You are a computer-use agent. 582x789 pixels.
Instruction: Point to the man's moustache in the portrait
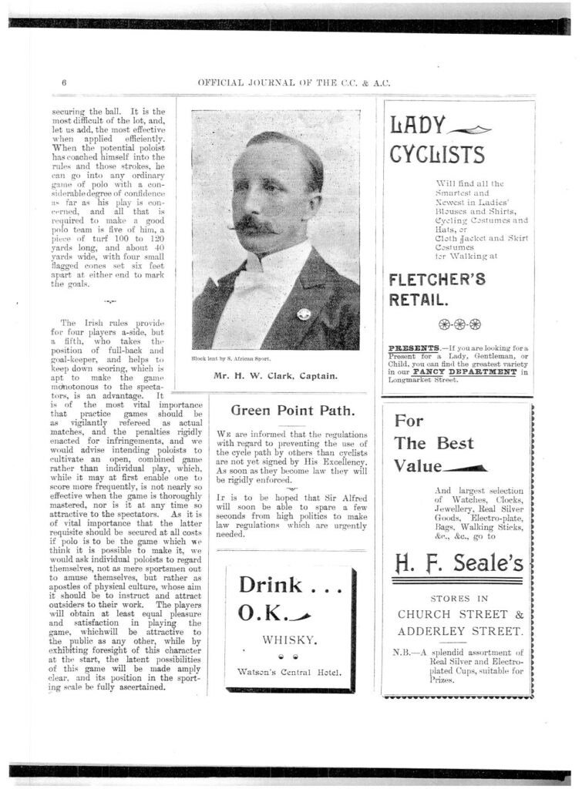257,226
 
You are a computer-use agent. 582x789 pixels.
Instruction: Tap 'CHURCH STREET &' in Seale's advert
458,614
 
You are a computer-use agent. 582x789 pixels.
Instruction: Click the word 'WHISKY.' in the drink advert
291,639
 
